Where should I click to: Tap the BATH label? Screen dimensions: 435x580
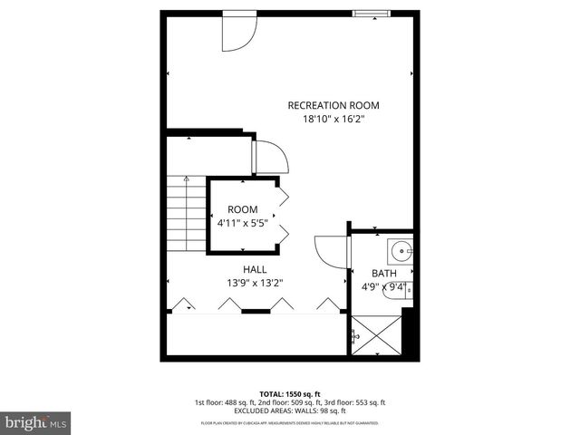tap(384, 273)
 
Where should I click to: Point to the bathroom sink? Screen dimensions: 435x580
tap(400, 248)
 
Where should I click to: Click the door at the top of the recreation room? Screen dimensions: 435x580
tap(238, 33)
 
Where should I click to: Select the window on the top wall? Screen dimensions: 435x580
tap(372, 13)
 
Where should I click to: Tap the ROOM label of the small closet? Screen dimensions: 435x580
tap(242, 208)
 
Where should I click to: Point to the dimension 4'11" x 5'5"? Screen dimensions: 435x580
tap(242, 222)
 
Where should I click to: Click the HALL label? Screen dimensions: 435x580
tap(255, 269)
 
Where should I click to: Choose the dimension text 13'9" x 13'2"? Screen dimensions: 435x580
tap(255, 283)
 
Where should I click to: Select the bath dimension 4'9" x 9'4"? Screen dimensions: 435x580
tap(384, 287)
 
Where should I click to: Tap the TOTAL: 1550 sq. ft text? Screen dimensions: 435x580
tap(289, 393)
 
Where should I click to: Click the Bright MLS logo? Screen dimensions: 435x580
tap(36, 421)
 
